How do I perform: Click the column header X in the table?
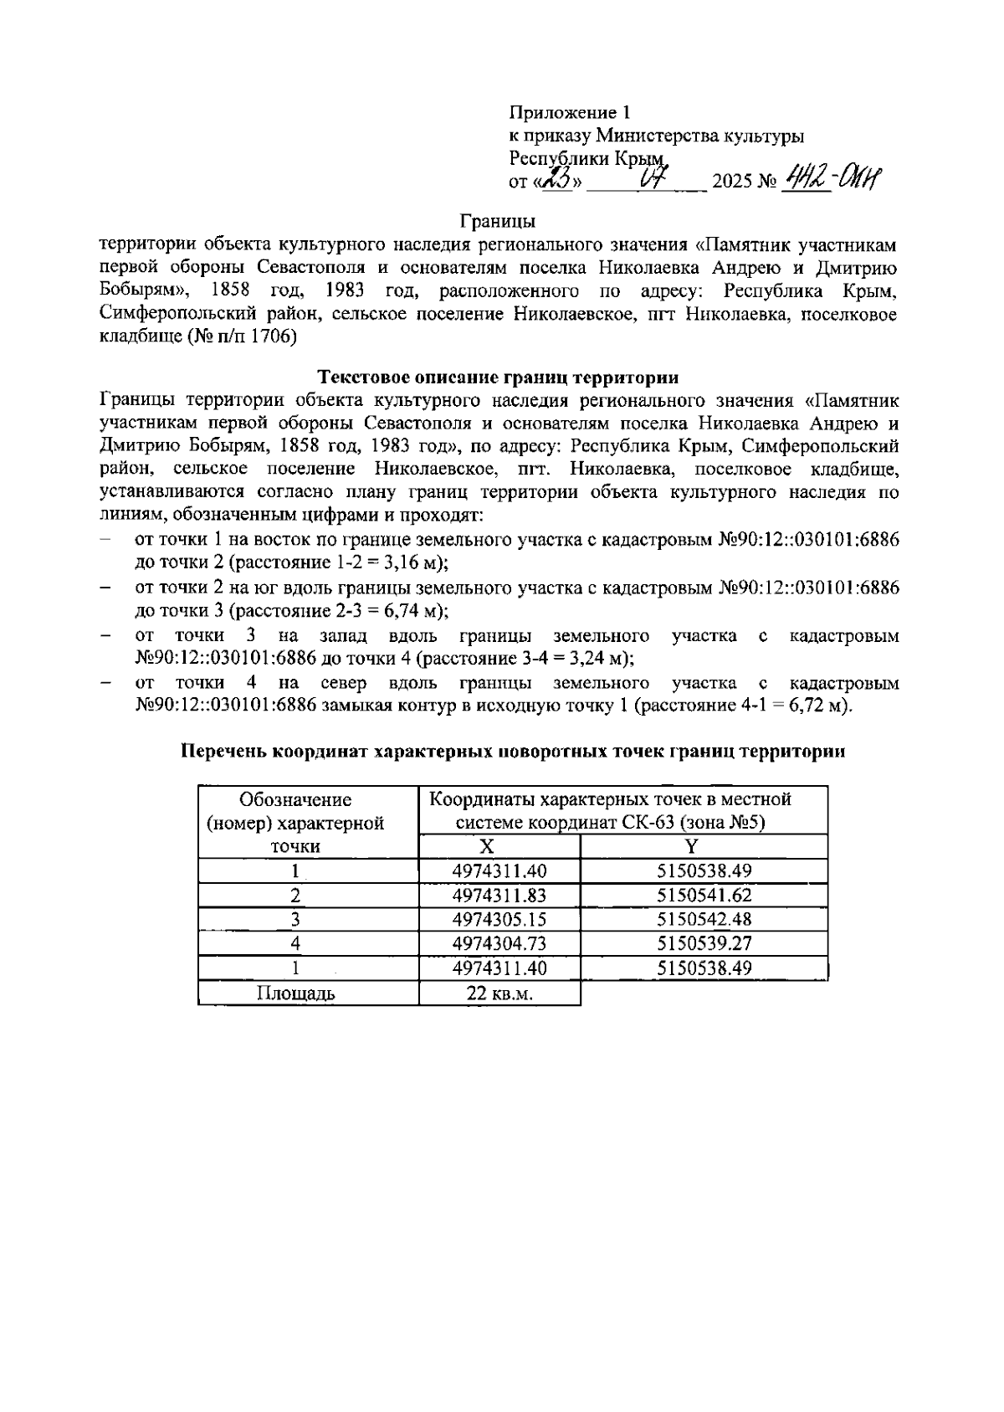coord(499,846)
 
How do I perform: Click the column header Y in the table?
coord(704,846)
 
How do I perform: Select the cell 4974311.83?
coord(499,895)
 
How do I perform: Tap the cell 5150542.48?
coord(704,919)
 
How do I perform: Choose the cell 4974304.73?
coord(499,943)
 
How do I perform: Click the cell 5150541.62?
coord(704,895)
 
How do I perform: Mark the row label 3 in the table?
coord(295,919)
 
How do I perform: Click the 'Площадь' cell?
coord(295,994)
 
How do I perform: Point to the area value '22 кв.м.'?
coord(499,994)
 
